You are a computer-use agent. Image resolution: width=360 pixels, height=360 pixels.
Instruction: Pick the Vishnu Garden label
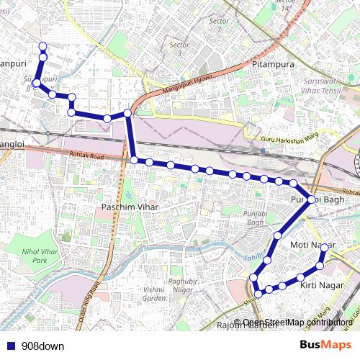pos(154,293)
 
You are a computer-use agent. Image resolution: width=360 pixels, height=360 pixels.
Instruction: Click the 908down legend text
pos(42,346)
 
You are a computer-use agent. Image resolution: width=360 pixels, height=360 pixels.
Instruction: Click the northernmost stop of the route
pos(42,47)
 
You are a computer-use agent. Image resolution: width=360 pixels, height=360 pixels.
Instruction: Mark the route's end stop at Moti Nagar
pos(324,248)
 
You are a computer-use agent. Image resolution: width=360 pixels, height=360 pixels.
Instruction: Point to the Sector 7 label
pos(218,24)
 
